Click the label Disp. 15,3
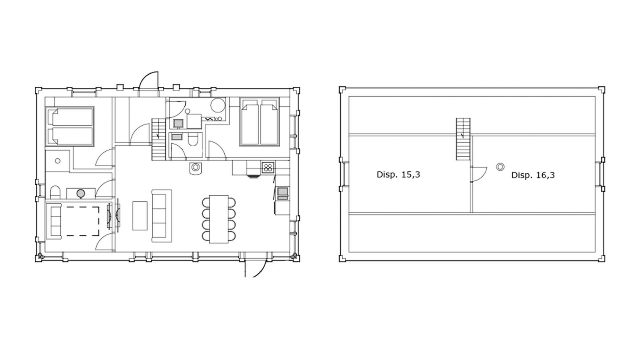398,174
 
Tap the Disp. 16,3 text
533,175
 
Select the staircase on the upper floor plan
463,139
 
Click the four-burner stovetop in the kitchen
268,167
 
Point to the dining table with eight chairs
219,219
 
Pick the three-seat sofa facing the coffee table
162,216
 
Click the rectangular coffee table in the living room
140,216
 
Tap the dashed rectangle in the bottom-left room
83,222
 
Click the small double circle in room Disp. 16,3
500,167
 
